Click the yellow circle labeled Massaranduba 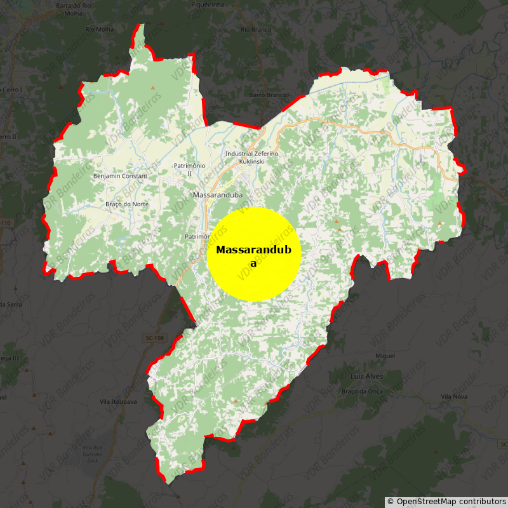tap(253, 254)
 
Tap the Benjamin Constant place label tap(120, 176)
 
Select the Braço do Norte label tap(127, 204)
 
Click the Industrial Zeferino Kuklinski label tap(252, 157)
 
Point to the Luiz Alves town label tap(366, 376)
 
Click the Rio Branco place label tap(257, 29)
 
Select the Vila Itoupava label tap(118, 402)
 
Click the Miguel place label tap(385, 356)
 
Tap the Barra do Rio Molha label tap(75, 8)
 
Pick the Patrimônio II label tap(189, 169)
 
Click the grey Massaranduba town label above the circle tap(218, 194)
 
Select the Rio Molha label tap(99, 29)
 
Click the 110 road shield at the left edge tap(5, 223)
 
